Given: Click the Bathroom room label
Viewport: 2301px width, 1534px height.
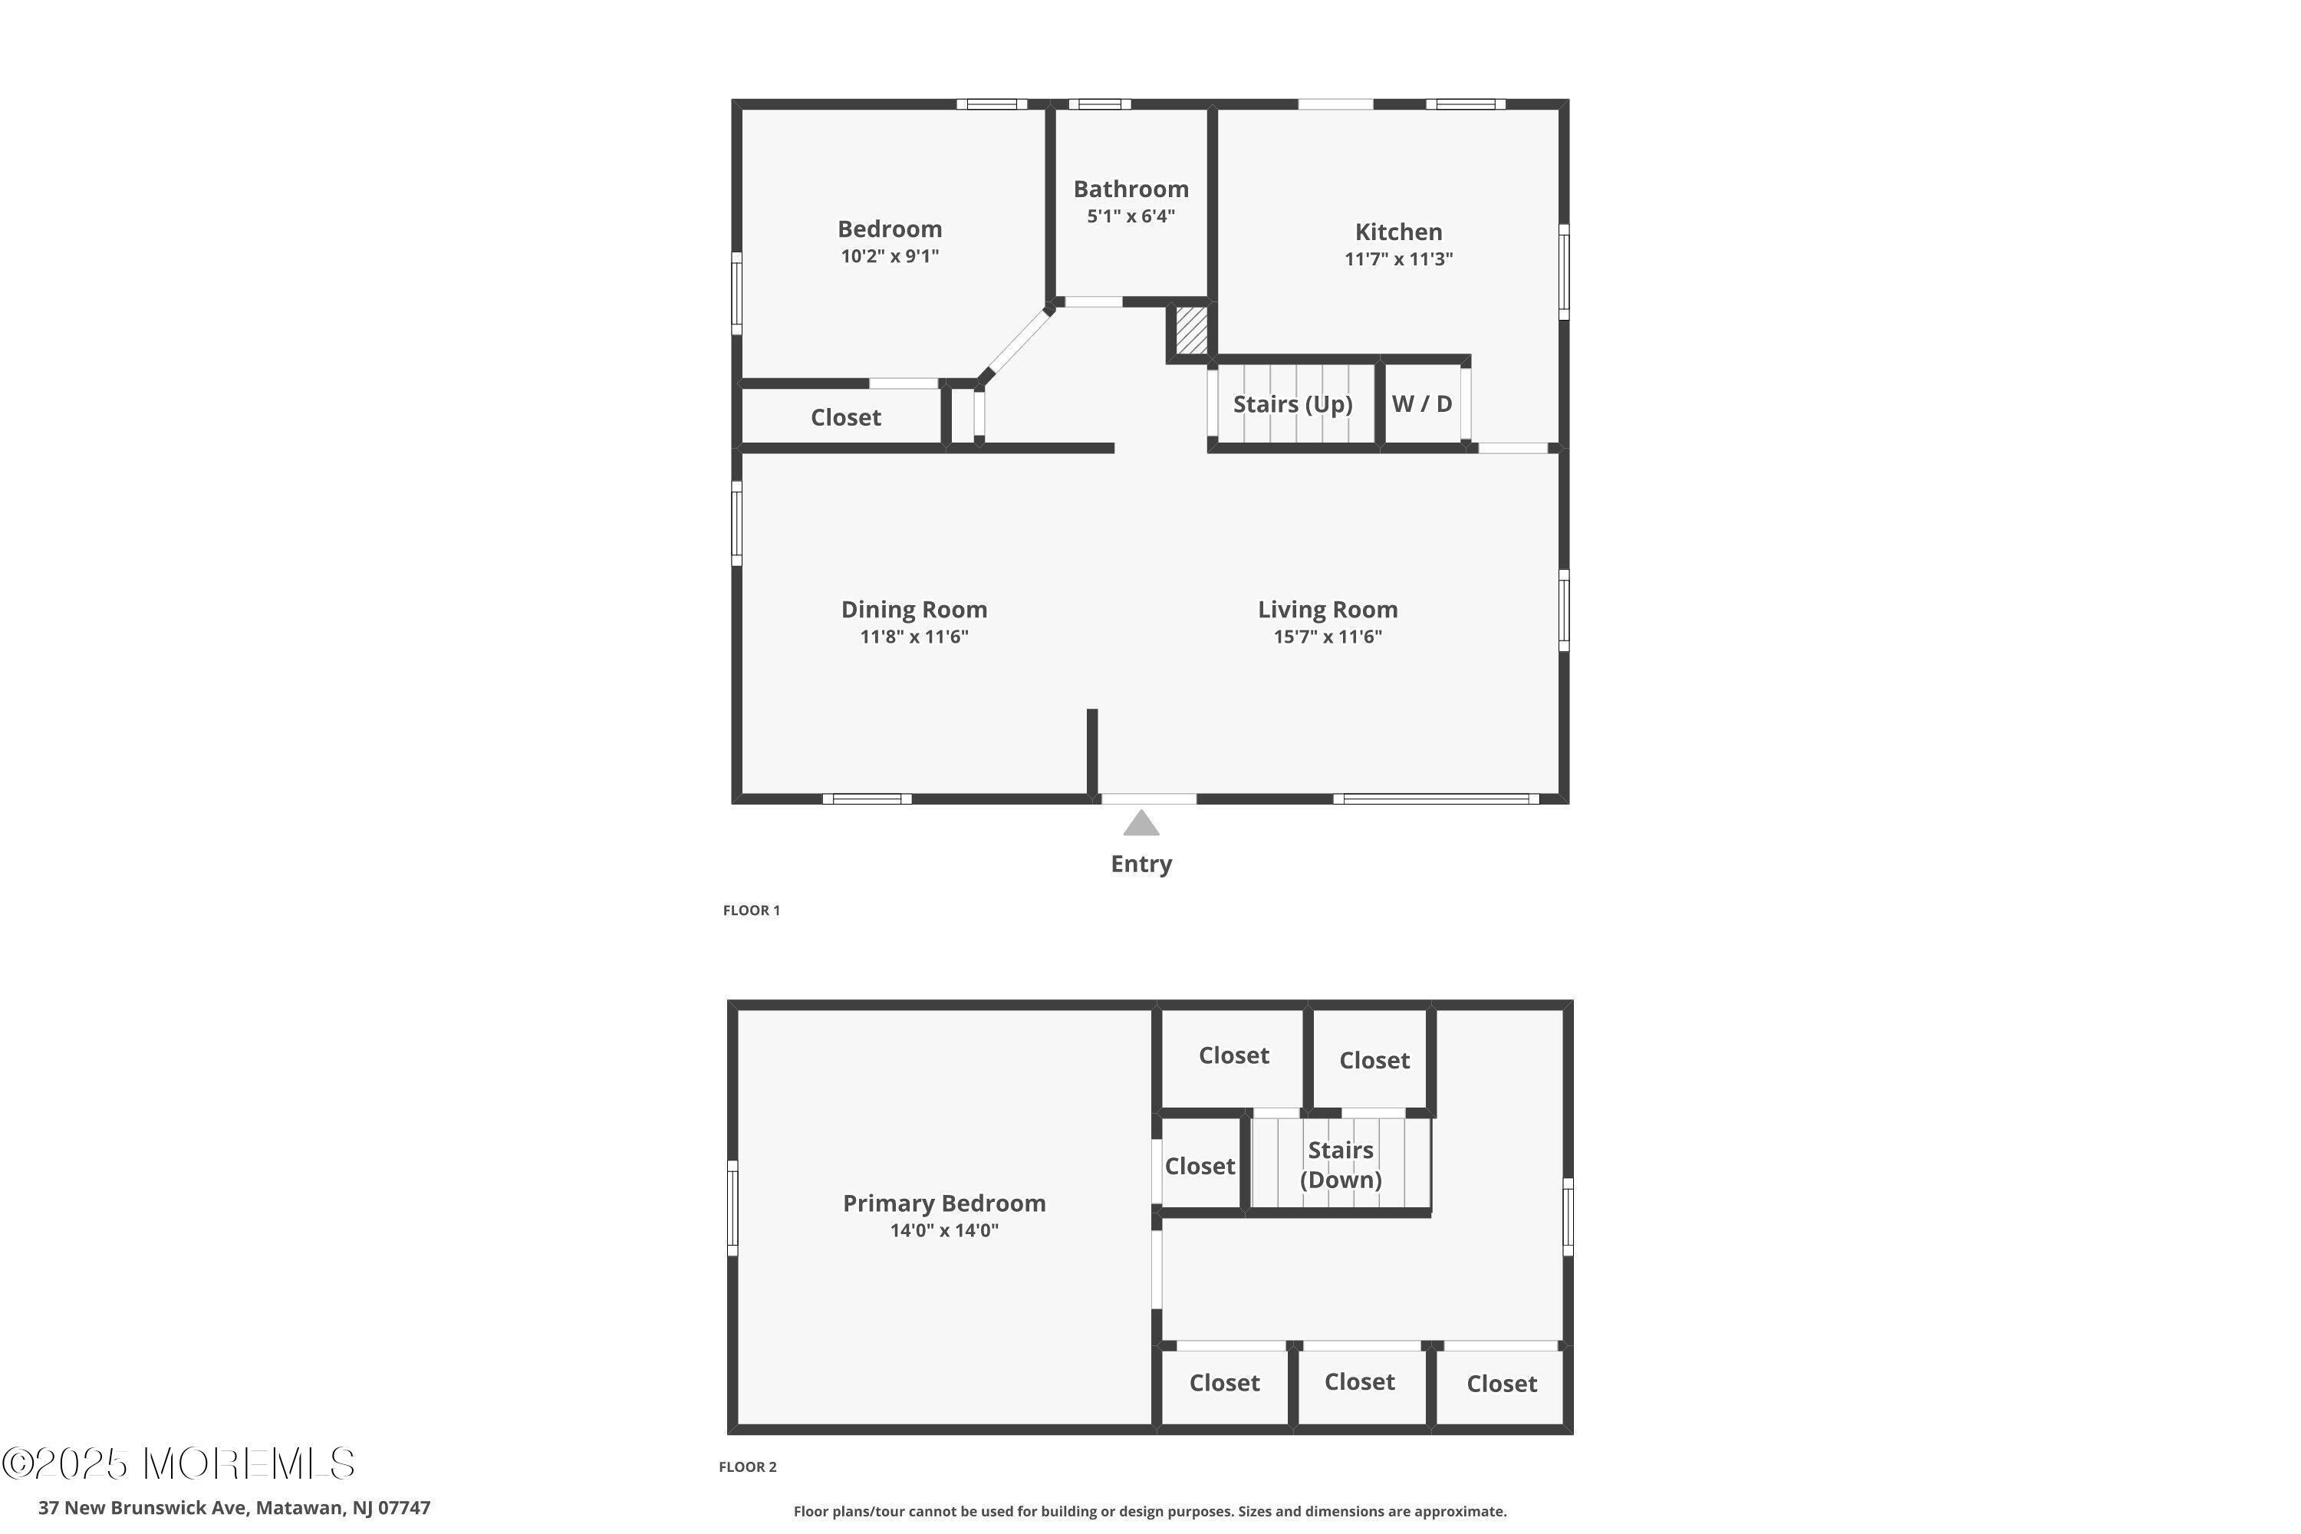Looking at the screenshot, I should coord(1131,189).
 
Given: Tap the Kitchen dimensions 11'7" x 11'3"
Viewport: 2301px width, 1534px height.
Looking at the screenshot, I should coord(1398,259).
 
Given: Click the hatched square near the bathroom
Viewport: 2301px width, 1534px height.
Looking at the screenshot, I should coord(1190,331).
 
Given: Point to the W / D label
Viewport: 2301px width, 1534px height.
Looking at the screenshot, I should coord(1421,403).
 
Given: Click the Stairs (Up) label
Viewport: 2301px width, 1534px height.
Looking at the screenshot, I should coord(1292,404).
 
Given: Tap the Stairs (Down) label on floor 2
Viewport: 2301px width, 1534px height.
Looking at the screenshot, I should coord(1340,1164).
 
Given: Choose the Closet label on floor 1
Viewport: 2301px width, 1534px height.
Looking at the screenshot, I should coord(845,418).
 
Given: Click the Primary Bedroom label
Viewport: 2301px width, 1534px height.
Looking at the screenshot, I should coord(944,1203).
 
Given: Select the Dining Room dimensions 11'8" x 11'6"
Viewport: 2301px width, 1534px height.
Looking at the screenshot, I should coord(913,637).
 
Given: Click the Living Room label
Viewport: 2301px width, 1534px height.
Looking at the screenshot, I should coord(1328,610).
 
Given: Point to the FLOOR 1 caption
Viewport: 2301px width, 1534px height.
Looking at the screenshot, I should coord(752,910).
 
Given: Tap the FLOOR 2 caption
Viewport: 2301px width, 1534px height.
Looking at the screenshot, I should coord(747,1467).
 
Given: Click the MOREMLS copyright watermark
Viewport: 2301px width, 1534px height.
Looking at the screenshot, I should coord(178,1463).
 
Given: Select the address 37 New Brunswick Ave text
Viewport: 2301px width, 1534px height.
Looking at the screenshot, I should coord(234,1508).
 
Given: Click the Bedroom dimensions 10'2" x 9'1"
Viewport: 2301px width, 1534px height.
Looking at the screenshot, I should coord(889,256).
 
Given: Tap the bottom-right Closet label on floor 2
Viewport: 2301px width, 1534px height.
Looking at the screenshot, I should coord(1502,1384).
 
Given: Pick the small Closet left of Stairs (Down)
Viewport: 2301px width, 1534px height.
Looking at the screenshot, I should coord(1200,1166).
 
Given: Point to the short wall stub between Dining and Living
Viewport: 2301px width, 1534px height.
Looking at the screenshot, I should coord(1091,749).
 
